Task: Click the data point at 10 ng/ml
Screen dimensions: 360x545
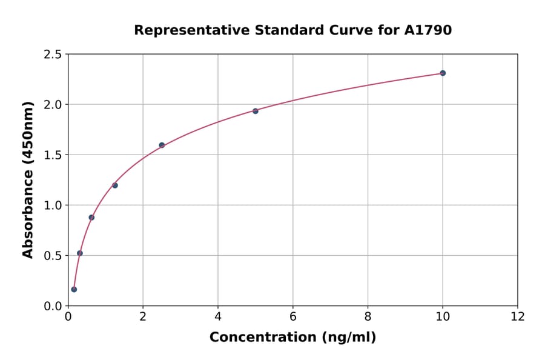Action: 443,73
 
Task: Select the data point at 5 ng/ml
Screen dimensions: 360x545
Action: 256,111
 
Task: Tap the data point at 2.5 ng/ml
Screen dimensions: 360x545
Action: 162,145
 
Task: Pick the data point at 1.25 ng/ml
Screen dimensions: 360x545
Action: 115,185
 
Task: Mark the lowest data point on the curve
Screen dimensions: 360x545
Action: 74,289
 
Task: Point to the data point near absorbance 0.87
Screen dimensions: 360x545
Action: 91,217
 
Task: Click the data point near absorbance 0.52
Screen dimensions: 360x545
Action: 80,253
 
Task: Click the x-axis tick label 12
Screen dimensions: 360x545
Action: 518,316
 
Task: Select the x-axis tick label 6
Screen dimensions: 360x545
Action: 293,316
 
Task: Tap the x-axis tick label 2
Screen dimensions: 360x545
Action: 143,316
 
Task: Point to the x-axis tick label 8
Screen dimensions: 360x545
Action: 368,316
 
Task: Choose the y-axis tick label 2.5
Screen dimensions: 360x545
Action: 53,55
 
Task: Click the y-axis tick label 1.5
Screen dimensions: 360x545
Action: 53,155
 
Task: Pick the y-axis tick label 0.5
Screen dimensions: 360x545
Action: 53,256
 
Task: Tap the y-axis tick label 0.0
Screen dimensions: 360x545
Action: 53,306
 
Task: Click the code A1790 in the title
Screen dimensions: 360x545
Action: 428,30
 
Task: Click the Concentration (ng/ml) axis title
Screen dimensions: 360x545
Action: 293,337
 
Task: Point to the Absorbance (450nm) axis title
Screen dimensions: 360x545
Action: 28,179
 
